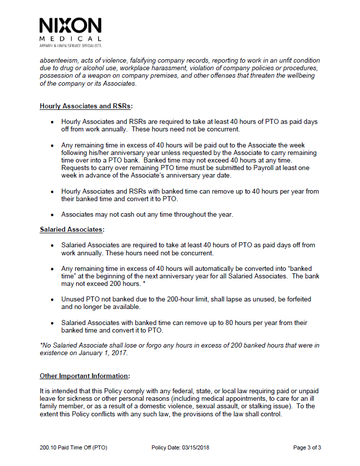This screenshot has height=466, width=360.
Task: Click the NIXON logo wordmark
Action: pyautogui.click(x=70, y=26)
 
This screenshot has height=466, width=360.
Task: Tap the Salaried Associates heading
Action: pyautogui.click(x=71, y=230)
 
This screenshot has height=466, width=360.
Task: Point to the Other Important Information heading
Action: pyautogui.click(x=84, y=376)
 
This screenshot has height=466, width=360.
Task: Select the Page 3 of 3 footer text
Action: pyautogui.click(x=307, y=447)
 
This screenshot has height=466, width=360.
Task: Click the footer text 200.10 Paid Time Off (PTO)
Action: pyautogui.click(x=73, y=447)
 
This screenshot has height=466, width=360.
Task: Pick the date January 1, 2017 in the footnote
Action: pyautogui.click(x=105, y=353)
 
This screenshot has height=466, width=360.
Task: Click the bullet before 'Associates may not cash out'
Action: pyautogui.click(x=52, y=215)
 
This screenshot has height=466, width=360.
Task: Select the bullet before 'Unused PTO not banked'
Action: pyautogui.click(x=52, y=299)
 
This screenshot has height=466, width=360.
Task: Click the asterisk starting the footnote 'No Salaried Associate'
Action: pyautogui.click(x=41, y=345)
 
